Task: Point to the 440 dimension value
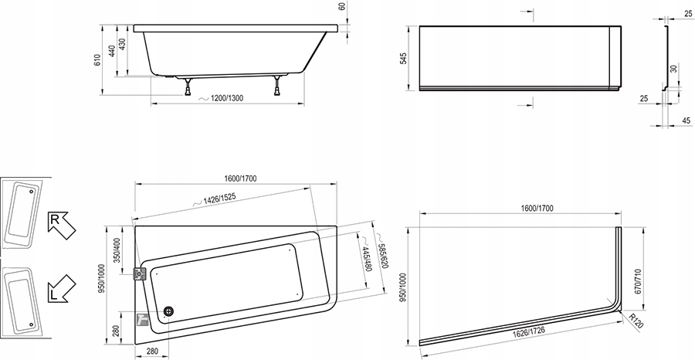[x=111, y=52]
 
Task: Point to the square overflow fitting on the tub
[x=141, y=274]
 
